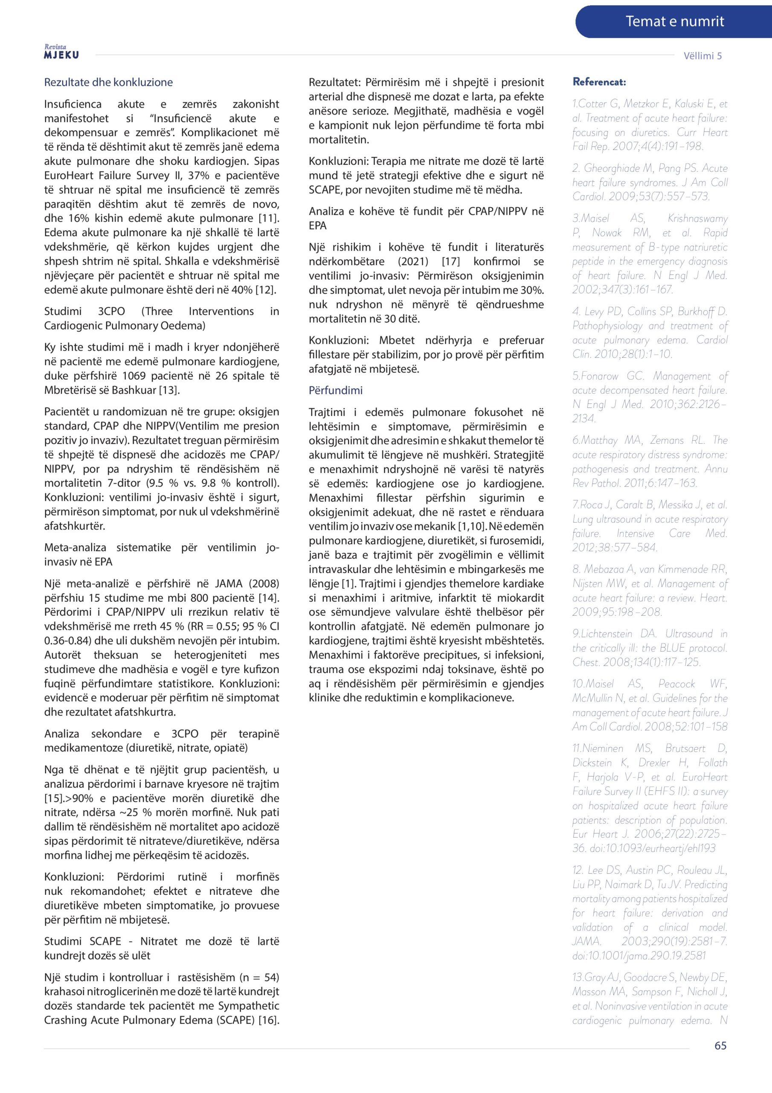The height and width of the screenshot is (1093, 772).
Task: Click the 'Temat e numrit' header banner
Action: pyautogui.click(x=674, y=21)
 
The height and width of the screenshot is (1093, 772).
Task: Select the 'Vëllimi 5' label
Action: pyautogui.click(x=702, y=56)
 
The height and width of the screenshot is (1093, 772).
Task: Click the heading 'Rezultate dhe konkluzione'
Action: pyautogui.click(x=108, y=82)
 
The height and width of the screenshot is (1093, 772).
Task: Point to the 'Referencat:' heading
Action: pyautogui.click(x=599, y=82)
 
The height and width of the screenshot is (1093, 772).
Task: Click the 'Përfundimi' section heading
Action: pyautogui.click(x=335, y=390)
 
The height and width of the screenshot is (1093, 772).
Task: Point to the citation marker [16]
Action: pyautogui.click(x=268, y=1020)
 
